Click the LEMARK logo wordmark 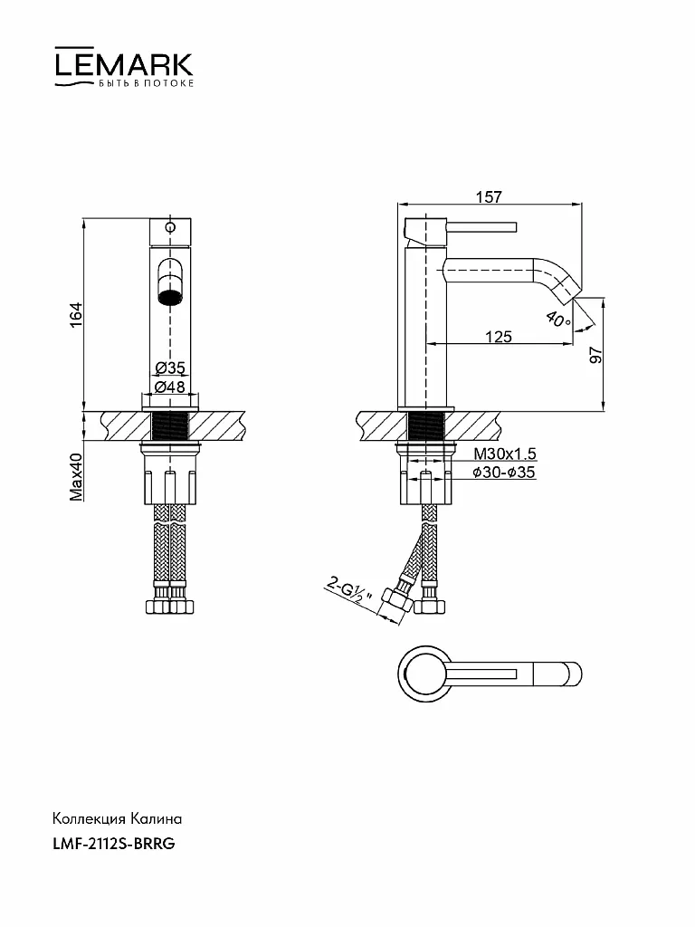point(124,64)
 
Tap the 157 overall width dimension point(489,196)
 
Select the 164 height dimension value point(76,315)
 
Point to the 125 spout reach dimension point(499,337)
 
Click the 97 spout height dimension point(595,355)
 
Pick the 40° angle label point(558,320)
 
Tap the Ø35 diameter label point(170,368)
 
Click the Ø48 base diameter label point(170,387)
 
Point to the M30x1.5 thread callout point(505,454)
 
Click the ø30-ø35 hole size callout point(504,472)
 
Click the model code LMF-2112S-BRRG point(114,844)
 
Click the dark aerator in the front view point(170,297)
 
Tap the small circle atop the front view point(170,227)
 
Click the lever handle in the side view point(481,227)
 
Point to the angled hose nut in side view point(393,602)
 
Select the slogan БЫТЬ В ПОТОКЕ point(146,83)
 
